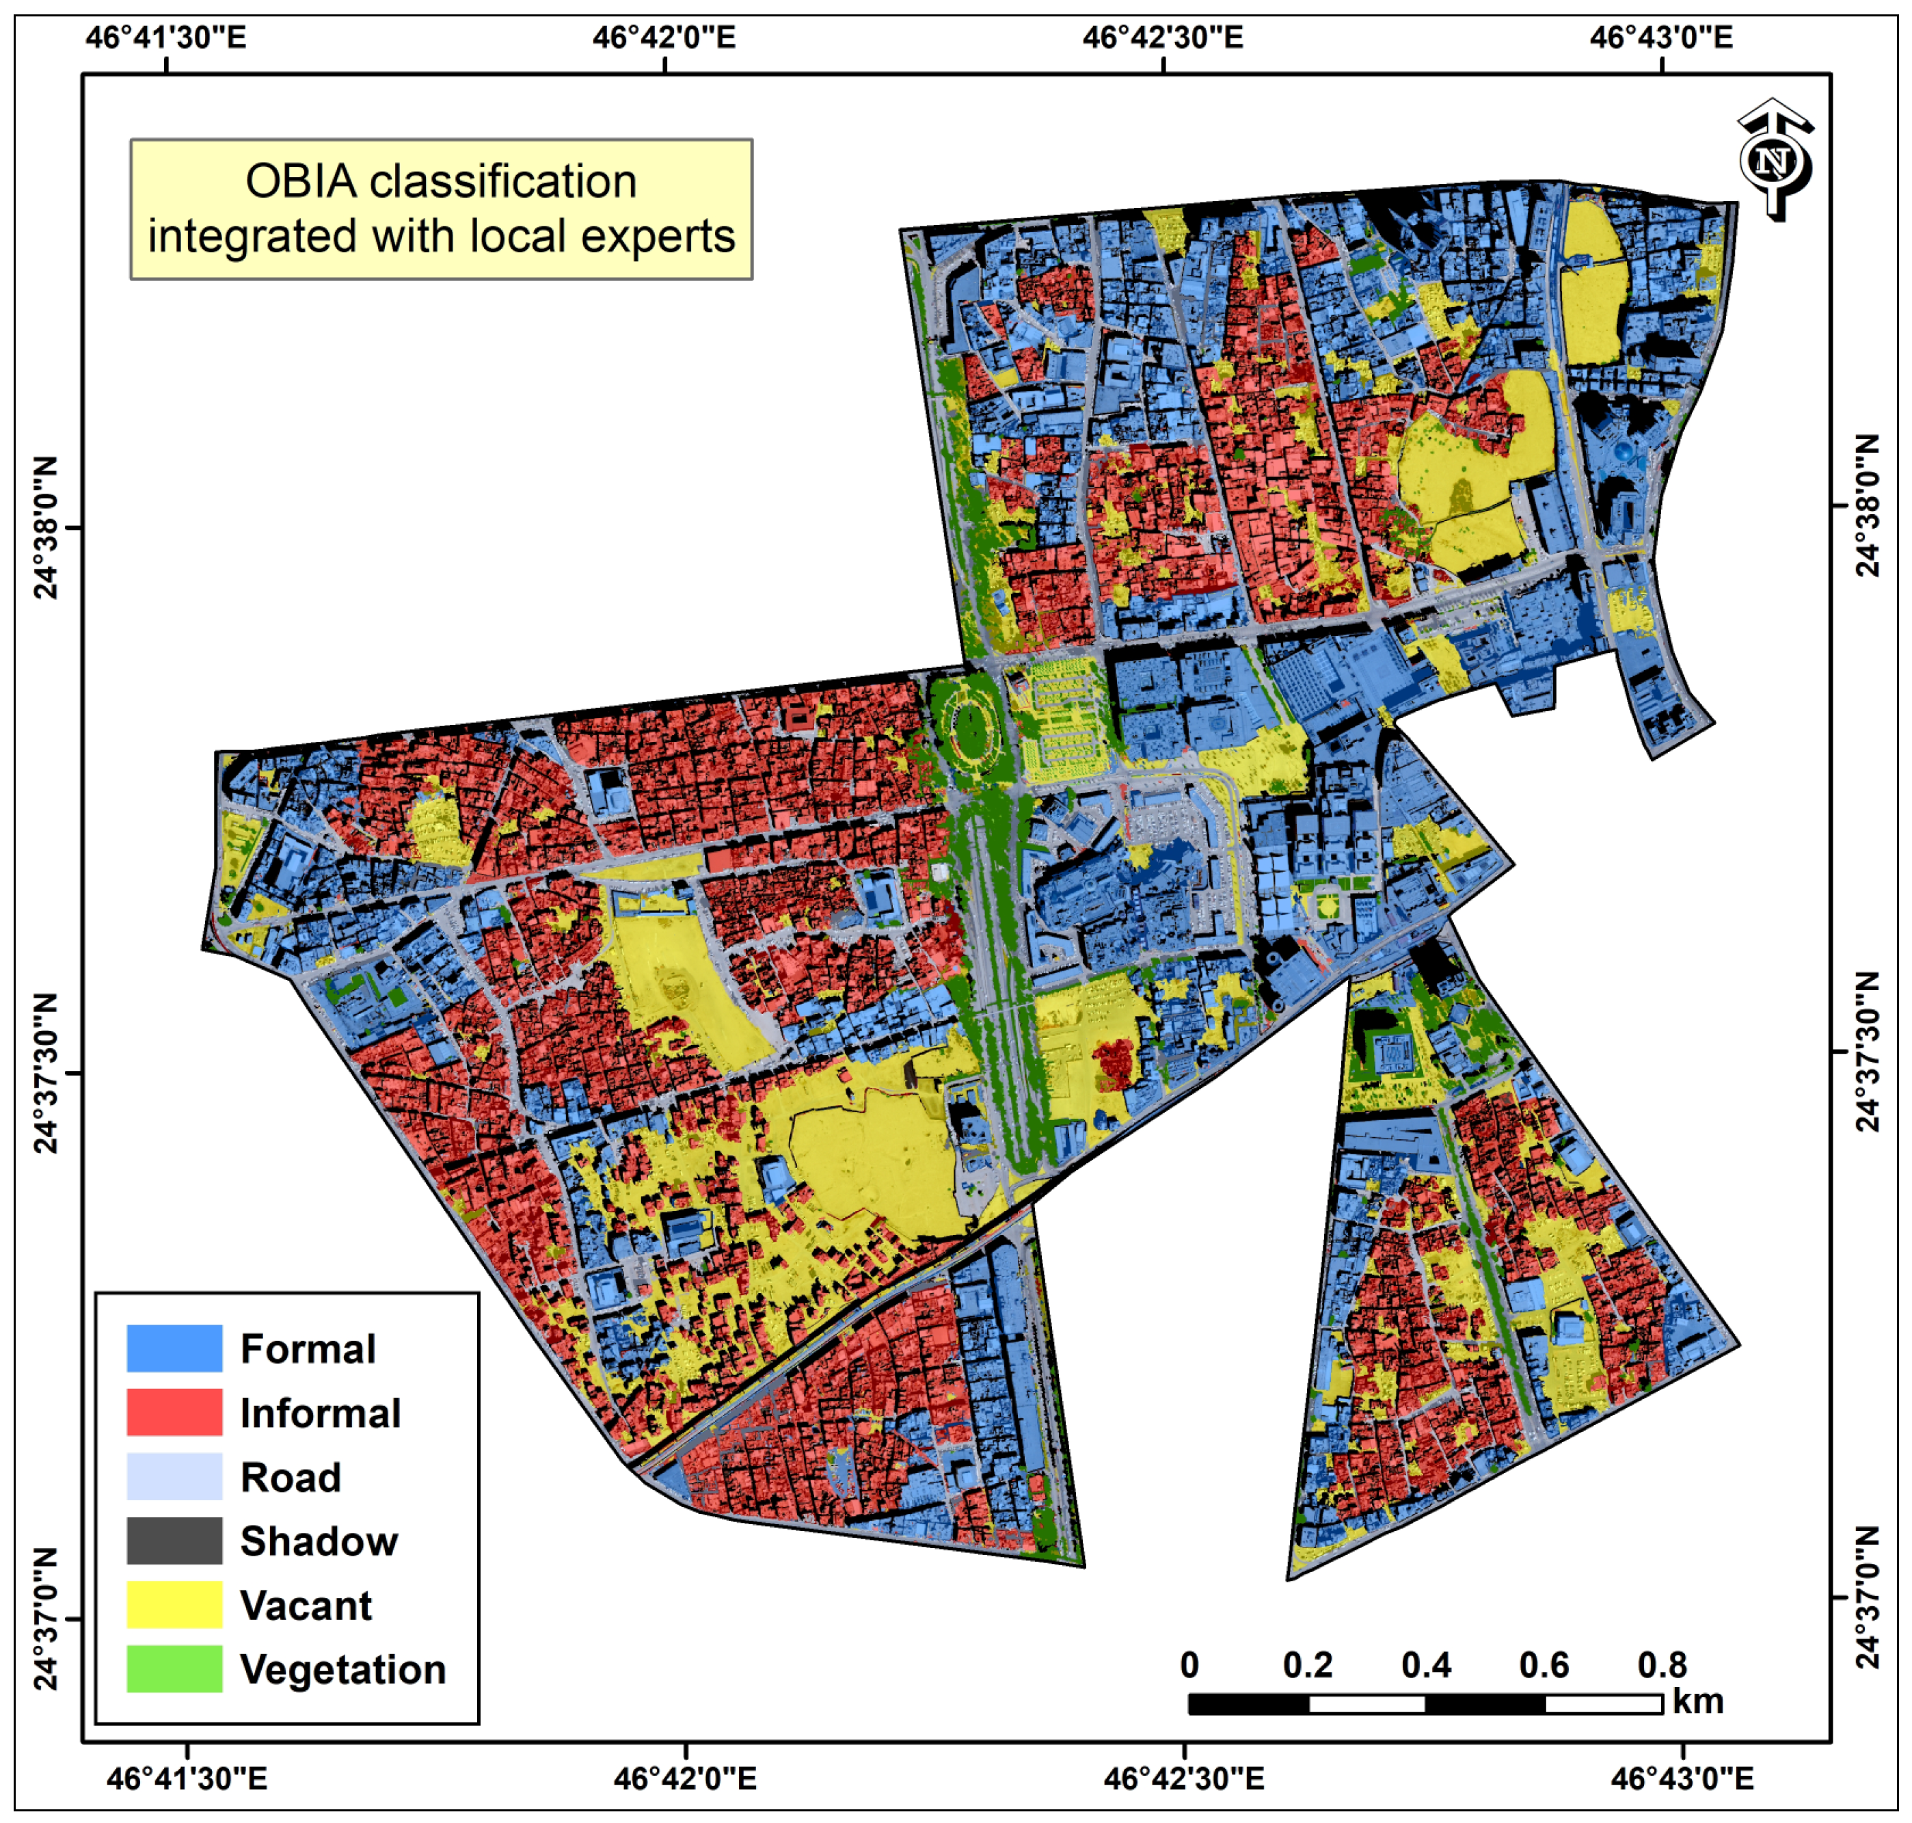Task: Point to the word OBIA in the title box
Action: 300,182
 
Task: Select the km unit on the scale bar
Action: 1697,1701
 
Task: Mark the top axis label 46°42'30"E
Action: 1162,38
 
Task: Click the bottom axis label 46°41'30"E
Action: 187,1779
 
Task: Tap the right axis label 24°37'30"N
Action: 1868,1052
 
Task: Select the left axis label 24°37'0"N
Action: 46,1619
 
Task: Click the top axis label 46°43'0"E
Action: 1660,38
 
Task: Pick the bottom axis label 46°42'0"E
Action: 685,1779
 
